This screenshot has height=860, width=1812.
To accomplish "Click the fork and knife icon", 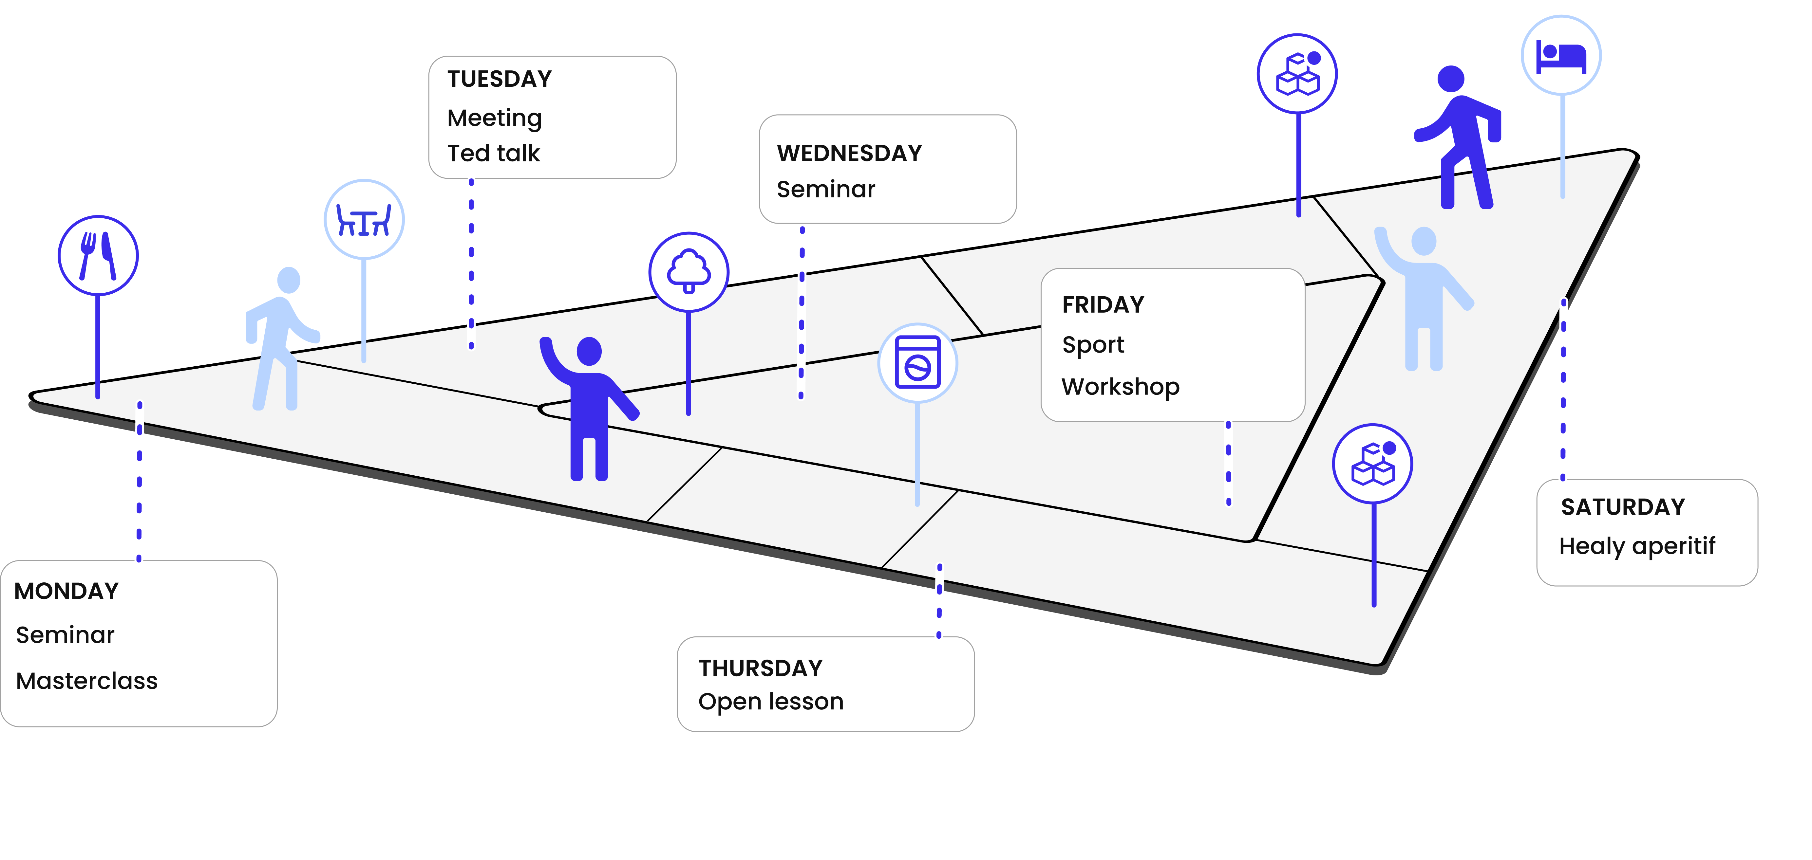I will pyautogui.click(x=98, y=255).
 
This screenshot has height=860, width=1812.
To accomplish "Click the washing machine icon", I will pyautogui.click(x=917, y=363).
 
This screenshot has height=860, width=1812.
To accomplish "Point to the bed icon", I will pyautogui.click(x=1561, y=56).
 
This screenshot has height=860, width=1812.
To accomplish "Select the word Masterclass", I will pyautogui.click(x=86, y=681).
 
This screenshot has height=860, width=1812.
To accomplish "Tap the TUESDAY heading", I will pyautogui.click(x=500, y=79).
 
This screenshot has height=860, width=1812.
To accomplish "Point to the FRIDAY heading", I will pyautogui.click(x=1103, y=304).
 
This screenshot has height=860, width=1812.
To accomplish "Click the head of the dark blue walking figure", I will pyautogui.click(x=1450, y=79).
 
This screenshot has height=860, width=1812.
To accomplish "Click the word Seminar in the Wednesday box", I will pyautogui.click(x=826, y=189).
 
